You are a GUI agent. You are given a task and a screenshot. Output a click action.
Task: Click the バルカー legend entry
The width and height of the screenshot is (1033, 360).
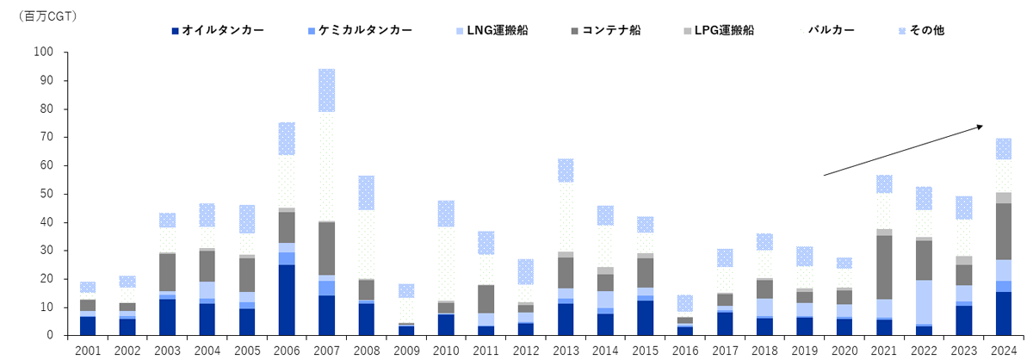tap(832, 30)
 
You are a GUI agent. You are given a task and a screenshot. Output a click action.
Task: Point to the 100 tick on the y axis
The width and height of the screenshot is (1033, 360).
tap(44, 53)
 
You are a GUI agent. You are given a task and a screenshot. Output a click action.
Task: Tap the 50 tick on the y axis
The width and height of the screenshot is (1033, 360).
tap(47, 194)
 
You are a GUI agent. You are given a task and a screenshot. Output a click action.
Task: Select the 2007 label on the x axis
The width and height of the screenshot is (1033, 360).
tap(326, 351)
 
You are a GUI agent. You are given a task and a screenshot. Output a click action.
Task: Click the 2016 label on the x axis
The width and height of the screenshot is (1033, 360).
tap(686, 351)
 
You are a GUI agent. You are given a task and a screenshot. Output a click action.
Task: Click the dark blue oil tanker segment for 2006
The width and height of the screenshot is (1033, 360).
tap(287, 300)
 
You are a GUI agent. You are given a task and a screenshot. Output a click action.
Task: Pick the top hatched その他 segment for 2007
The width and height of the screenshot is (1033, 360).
tap(326, 90)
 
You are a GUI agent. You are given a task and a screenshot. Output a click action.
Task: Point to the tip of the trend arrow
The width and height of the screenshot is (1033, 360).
tap(983, 126)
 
